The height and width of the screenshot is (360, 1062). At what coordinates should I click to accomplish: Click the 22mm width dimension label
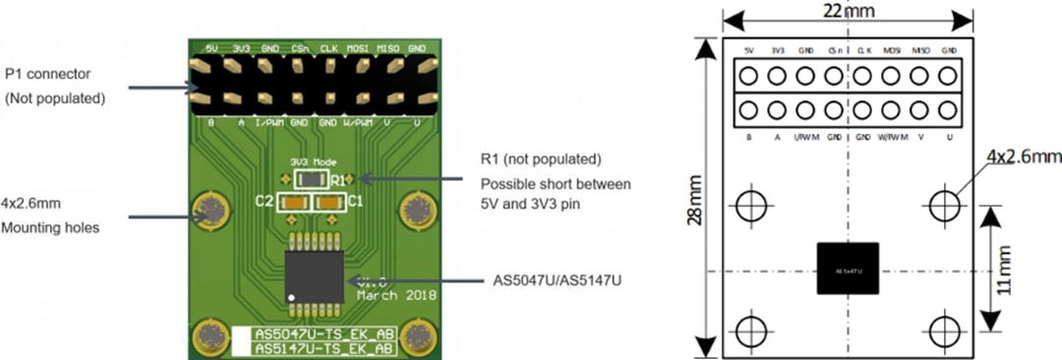coord(847,10)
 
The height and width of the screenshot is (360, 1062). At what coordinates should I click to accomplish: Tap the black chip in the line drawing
coord(847,269)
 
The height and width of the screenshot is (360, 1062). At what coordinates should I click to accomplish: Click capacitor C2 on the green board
coord(292,204)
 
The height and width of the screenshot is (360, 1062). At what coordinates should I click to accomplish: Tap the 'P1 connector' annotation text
coord(50,74)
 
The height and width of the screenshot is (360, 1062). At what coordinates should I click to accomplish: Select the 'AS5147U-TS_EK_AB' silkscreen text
coord(324,348)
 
